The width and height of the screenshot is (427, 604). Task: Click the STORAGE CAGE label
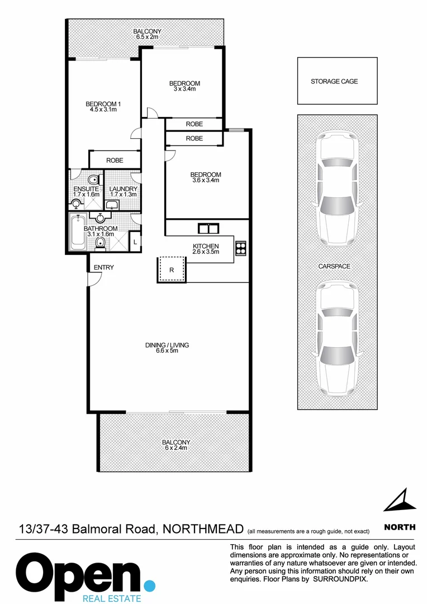pos(334,82)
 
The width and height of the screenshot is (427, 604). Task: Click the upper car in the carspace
pos(337,190)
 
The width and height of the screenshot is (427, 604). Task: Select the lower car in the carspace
pos(337,338)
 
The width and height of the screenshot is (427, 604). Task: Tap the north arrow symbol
pos(401,500)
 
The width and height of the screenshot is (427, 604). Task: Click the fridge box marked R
pos(172,269)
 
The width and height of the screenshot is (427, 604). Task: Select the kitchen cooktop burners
pos(241,248)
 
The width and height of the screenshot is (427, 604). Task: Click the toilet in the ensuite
pos(95,180)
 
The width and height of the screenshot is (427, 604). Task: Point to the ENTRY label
pos(103,268)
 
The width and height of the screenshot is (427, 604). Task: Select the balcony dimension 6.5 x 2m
pos(147,37)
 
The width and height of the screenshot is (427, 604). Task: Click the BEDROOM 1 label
pos(103,103)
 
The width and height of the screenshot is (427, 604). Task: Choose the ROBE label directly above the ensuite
pos(115,161)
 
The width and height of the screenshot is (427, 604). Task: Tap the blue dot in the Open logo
pos(149,586)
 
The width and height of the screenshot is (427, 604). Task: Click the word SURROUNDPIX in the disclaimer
pos(340,579)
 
